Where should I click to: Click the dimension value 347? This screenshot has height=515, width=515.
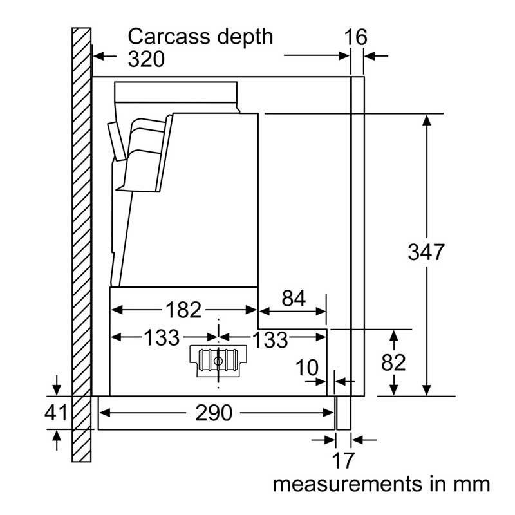(x=426, y=252)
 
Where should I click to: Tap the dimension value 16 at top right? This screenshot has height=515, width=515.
(x=355, y=37)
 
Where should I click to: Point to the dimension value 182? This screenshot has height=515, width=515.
(x=183, y=310)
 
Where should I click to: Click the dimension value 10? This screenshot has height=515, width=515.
(x=307, y=368)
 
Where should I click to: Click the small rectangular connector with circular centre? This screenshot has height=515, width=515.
(x=219, y=359)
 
